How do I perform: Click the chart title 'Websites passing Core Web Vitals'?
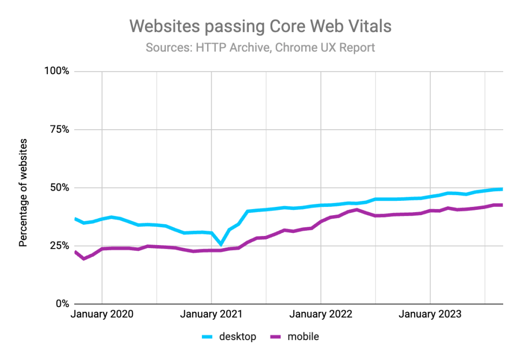260,26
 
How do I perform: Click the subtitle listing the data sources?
260,48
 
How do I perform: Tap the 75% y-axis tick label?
57,129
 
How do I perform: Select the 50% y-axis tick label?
57,188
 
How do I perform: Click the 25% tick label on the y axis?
57,246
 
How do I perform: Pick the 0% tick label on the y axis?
60,304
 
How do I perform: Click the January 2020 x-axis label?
102,314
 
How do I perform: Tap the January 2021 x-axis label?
211,314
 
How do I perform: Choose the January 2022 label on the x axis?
321,314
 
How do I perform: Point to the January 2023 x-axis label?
430,314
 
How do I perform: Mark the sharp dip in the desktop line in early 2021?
220,245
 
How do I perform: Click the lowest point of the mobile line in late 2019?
83,259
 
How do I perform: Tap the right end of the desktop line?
502,189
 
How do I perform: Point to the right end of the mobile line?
502,205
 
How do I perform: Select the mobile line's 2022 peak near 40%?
357,209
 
